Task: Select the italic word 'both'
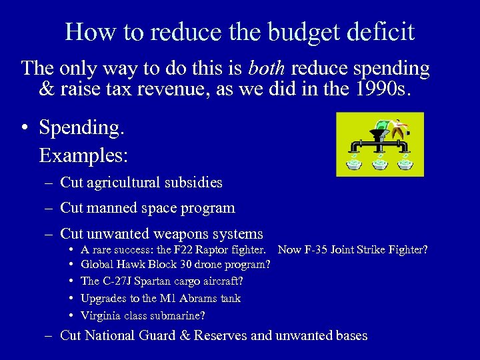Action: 268,68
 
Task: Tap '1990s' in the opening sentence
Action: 389,90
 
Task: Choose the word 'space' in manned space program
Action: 160,208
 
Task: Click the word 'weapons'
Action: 181,234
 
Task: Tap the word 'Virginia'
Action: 100,315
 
